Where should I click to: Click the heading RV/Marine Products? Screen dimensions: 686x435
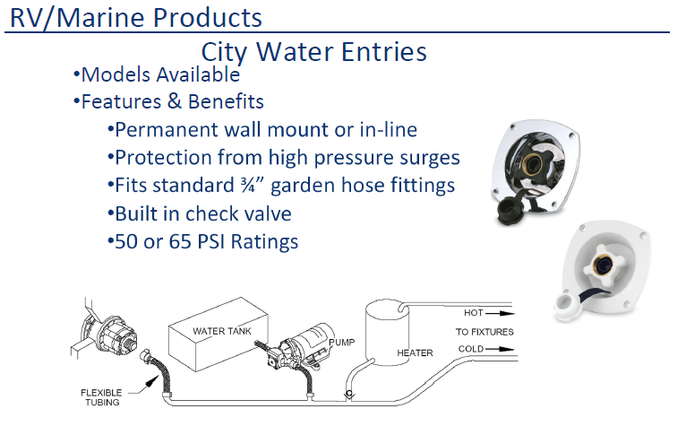coord(135,19)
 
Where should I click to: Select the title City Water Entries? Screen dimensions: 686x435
coord(313,52)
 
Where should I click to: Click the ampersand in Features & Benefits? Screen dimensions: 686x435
coord(174,101)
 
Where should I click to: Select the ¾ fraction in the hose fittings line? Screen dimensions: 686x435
coord(248,185)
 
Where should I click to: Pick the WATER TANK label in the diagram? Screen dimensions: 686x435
coord(222,331)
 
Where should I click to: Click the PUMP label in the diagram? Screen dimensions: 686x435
coord(342,342)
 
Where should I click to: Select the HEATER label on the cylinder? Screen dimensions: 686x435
coord(415,353)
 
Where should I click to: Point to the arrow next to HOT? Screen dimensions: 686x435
coord(500,313)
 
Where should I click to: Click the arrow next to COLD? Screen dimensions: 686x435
coord(500,349)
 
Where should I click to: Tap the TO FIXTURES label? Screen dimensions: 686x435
coord(484,332)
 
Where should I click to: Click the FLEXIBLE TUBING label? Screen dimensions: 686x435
coord(101,397)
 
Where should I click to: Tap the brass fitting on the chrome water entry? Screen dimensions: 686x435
coord(532,165)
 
